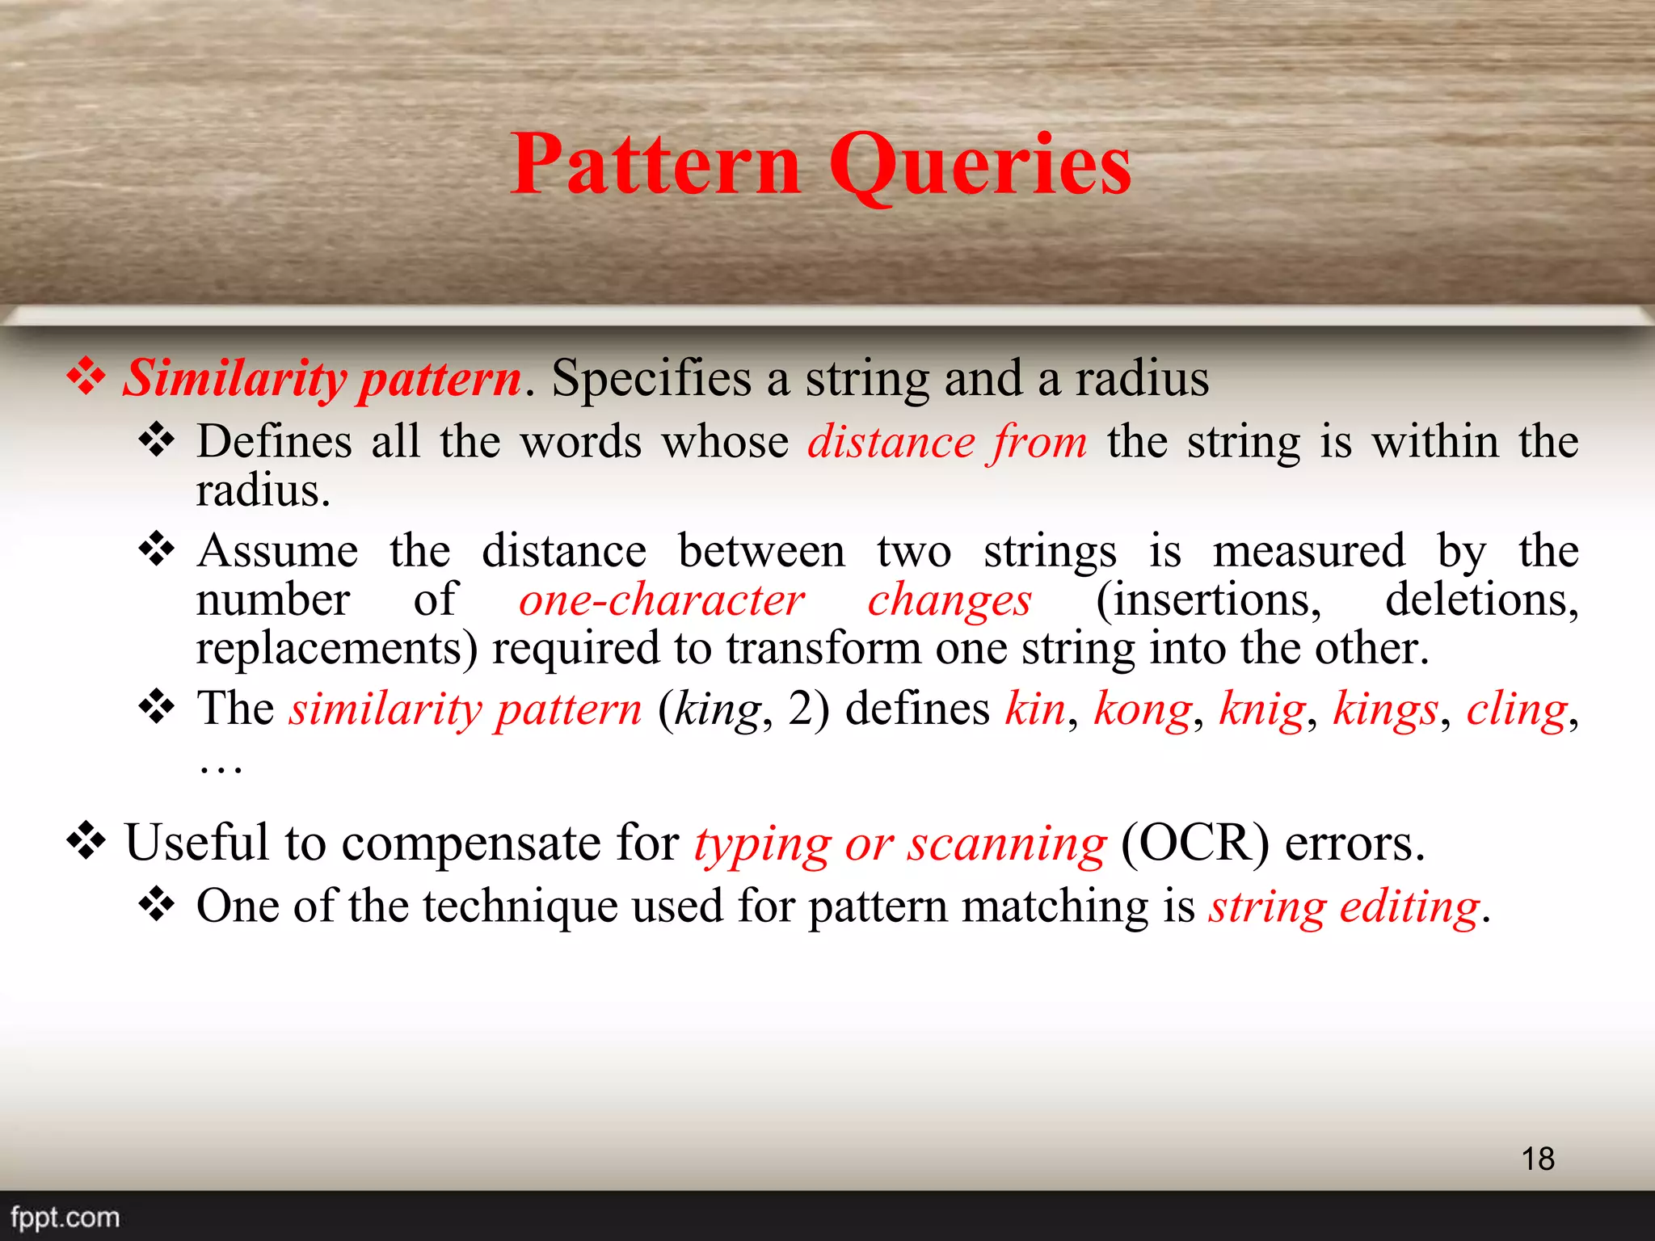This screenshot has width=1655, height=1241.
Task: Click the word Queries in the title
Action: click(x=979, y=166)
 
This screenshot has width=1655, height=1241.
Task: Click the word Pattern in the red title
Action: click(x=655, y=166)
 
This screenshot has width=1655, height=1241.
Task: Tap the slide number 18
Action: click(x=1538, y=1159)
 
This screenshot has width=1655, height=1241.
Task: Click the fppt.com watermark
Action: click(x=65, y=1217)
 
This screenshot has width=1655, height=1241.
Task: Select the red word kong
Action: click(x=1143, y=709)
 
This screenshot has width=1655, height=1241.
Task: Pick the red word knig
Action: click(x=1261, y=709)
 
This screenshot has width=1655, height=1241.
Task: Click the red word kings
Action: click(x=1385, y=709)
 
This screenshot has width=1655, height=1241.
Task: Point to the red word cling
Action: click(x=1517, y=709)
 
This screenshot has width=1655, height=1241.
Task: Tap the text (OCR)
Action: click(x=1194, y=843)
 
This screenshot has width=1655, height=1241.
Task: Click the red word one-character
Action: click(x=661, y=600)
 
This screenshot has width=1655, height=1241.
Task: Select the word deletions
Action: click(x=1481, y=600)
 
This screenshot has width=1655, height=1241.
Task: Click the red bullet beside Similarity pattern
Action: click(x=86, y=377)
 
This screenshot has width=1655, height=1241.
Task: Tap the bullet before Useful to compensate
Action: click(x=86, y=841)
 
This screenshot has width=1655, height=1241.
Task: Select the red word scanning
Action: click(x=1006, y=844)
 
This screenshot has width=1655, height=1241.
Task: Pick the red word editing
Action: click(x=1410, y=907)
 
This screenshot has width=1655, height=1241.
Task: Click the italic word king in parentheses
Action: click(x=718, y=709)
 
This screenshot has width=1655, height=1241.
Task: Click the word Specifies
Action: click(x=651, y=378)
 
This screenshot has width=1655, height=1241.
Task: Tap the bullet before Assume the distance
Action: click(x=157, y=549)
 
